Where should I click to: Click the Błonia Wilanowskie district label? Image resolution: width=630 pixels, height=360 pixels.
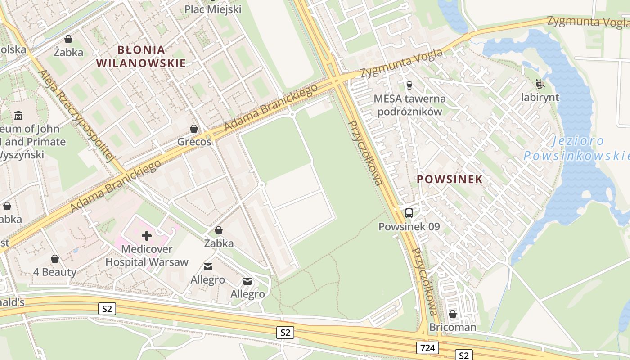[x=141, y=56]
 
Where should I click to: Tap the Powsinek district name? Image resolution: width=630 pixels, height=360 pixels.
[x=450, y=179]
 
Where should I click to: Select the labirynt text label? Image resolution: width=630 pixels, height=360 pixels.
[x=540, y=97]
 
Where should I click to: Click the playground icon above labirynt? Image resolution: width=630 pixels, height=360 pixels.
[x=540, y=84]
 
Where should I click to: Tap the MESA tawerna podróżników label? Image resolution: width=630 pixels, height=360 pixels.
[x=409, y=105]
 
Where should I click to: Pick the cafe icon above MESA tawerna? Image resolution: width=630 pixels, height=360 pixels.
[x=409, y=85]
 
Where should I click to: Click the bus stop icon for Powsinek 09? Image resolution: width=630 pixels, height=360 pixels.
[x=409, y=213]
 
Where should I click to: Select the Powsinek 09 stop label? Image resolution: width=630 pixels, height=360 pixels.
[x=409, y=227]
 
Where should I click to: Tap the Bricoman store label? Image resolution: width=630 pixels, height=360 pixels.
[x=452, y=327]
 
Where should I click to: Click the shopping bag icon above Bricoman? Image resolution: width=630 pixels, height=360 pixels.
[x=453, y=314]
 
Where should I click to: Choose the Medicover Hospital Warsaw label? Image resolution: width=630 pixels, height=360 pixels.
[x=147, y=256]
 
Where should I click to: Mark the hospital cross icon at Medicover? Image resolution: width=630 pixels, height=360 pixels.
[x=147, y=235]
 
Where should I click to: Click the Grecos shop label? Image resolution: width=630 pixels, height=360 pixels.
[x=194, y=142]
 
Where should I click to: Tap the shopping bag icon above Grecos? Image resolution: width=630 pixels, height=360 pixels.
[x=194, y=129]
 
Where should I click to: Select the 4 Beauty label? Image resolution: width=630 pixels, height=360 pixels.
[x=55, y=272]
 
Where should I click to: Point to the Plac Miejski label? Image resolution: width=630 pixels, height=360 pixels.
[x=213, y=9]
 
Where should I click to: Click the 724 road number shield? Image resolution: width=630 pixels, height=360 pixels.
[x=427, y=348]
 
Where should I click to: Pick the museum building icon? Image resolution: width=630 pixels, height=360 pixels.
[x=18, y=116]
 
